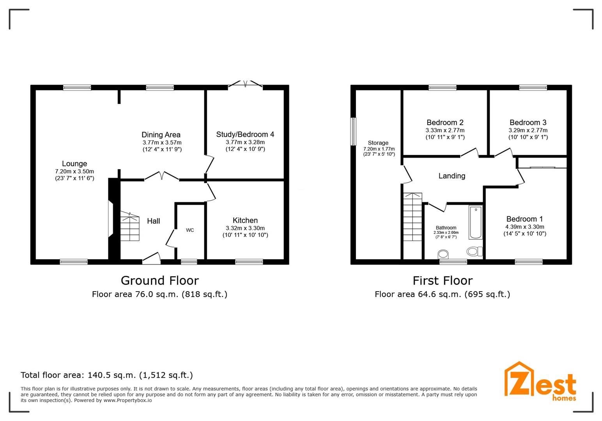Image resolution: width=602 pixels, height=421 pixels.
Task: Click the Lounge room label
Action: [x=74, y=164]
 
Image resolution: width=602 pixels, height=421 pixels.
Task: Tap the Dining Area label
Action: [x=161, y=135]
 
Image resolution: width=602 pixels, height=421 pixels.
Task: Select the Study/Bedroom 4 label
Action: [x=245, y=134]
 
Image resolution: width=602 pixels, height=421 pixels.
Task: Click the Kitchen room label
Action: [x=245, y=220]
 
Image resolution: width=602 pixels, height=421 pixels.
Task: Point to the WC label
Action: [x=190, y=230]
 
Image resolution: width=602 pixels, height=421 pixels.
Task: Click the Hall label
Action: [x=154, y=221]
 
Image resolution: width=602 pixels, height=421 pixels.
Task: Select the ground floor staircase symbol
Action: [x=130, y=226]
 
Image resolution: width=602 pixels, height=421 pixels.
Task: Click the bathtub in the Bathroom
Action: [x=476, y=222]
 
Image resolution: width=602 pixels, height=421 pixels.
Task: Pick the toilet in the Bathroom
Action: [x=474, y=251]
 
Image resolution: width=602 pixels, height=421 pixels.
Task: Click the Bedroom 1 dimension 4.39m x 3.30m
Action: [x=525, y=227]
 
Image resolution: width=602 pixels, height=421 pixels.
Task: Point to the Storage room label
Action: [x=378, y=143]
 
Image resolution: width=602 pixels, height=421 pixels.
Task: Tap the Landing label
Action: [x=452, y=176]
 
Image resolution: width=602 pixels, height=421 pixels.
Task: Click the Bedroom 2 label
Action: [x=445, y=122]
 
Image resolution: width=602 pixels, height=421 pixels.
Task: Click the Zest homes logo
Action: [x=540, y=382]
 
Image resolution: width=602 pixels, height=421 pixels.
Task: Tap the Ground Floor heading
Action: [x=160, y=281]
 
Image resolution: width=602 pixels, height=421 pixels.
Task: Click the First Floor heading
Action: [x=443, y=281]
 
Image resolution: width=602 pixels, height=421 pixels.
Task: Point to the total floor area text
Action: [x=107, y=375]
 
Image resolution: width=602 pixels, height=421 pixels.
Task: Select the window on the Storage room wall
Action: [x=353, y=132]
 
